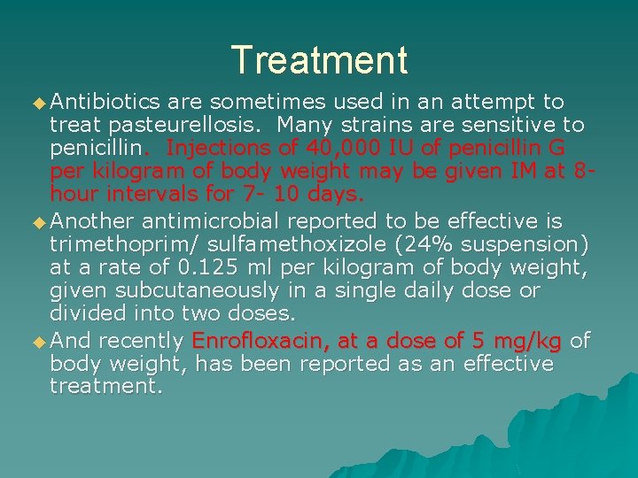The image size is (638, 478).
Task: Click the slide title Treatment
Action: (319, 60)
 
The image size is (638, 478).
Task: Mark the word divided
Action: (90, 312)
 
